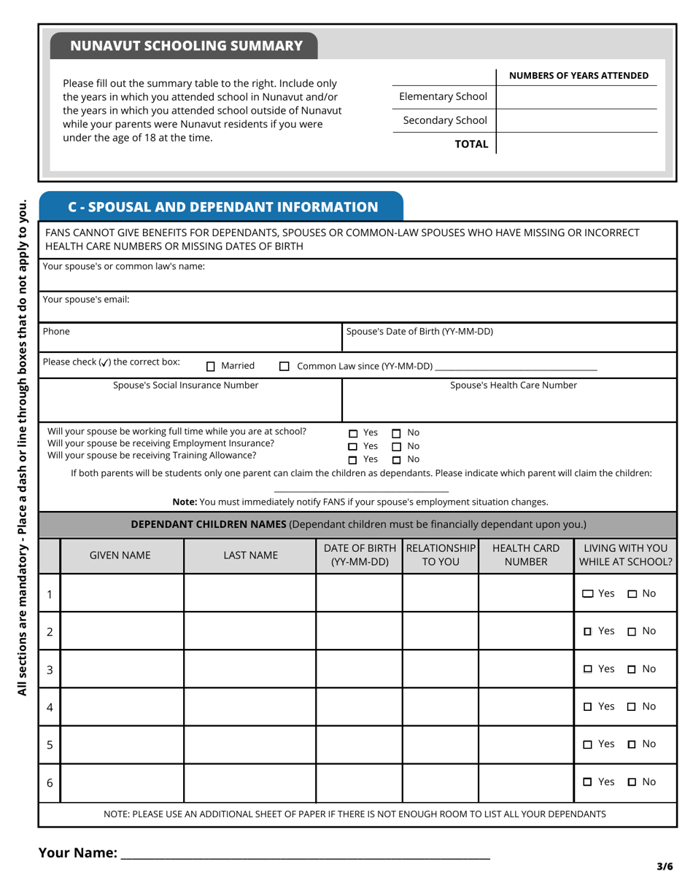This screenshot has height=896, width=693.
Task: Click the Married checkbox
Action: [x=211, y=367]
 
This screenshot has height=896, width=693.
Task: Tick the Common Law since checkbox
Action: [x=284, y=367]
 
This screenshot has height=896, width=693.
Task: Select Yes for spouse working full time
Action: [x=353, y=433]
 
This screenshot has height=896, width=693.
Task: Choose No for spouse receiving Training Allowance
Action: [x=397, y=460]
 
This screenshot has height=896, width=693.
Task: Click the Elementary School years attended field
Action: [x=576, y=97]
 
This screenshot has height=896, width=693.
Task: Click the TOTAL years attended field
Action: [x=576, y=144]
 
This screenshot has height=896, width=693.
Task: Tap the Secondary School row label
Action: [x=444, y=120]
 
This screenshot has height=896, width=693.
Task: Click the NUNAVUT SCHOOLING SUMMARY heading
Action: [x=186, y=46]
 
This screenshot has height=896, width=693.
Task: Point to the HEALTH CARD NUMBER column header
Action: [x=526, y=555]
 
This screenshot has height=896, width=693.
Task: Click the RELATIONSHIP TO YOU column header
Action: [x=441, y=555]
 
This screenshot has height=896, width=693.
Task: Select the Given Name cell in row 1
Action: [x=122, y=593]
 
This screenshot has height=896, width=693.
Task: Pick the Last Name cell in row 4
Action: [x=249, y=706]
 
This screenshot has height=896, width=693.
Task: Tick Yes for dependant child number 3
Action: [x=588, y=669]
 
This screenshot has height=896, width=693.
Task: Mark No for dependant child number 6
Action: [x=632, y=782]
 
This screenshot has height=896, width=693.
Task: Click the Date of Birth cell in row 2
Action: [x=359, y=631]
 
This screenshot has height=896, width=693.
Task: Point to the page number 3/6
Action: [x=664, y=867]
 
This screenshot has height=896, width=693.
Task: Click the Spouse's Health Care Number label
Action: [x=513, y=385]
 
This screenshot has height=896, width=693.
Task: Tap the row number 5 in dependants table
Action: [x=50, y=744]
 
